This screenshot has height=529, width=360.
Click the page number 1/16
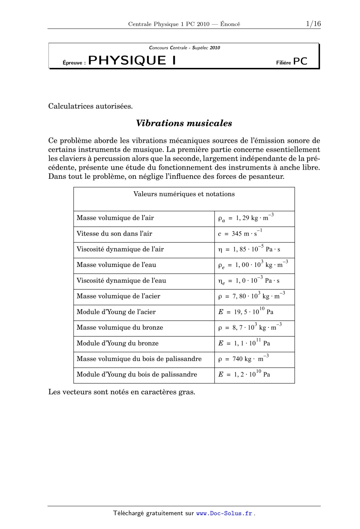(313, 24)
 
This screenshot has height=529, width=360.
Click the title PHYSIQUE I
(132, 61)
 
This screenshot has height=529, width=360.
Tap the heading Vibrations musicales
(184, 123)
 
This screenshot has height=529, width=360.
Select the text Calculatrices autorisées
(90, 106)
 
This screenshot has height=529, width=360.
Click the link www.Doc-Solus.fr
(224, 513)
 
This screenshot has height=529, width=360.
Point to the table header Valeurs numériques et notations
(184, 194)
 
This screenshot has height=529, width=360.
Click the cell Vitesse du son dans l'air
(114, 233)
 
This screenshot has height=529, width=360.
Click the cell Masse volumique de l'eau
(116, 265)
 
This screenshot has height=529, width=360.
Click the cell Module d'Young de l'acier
(116, 312)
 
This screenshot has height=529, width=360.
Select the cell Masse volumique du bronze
(120, 327)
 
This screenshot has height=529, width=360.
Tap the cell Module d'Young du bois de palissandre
(137, 374)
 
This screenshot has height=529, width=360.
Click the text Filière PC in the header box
(291, 62)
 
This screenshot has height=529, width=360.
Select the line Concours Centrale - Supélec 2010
(184, 48)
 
